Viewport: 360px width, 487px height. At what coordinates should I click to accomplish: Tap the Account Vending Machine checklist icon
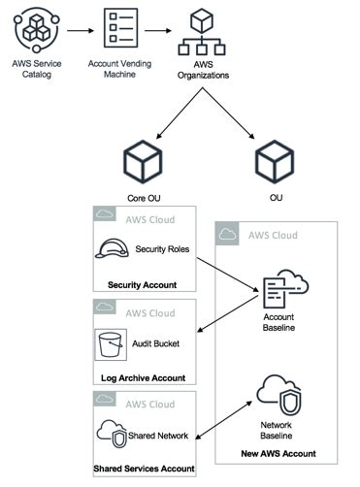point(122,33)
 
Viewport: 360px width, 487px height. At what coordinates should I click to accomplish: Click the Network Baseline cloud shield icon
point(278,392)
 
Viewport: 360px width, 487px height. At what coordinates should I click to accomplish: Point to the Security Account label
point(142,285)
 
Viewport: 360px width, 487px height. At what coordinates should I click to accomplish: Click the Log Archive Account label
point(143,377)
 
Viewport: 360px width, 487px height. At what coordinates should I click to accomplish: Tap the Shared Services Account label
point(143,470)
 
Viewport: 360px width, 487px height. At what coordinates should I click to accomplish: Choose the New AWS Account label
point(277,453)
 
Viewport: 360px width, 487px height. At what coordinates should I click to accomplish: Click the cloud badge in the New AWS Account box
point(227,234)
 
